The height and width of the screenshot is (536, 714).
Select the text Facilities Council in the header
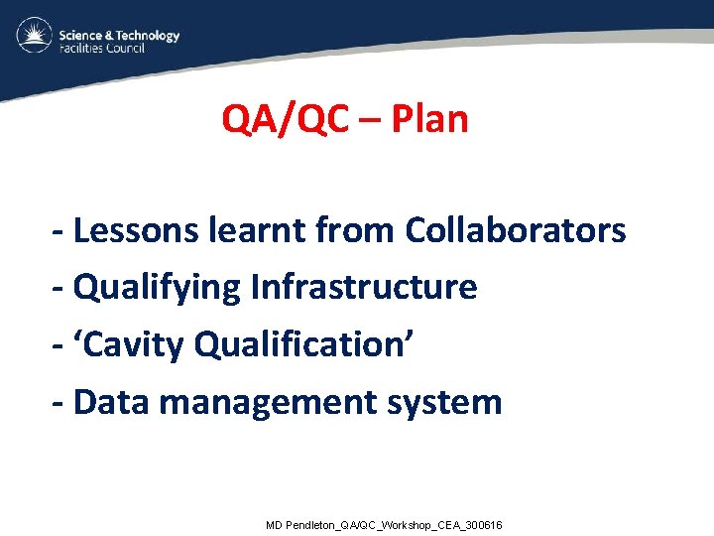102,49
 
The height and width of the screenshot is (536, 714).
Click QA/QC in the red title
286,120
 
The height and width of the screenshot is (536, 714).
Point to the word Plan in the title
429,120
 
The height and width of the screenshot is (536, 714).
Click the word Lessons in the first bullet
137,230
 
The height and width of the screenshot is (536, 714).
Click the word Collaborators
515,230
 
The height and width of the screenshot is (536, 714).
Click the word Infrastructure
364,288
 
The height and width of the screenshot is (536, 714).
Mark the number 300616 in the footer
483,524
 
